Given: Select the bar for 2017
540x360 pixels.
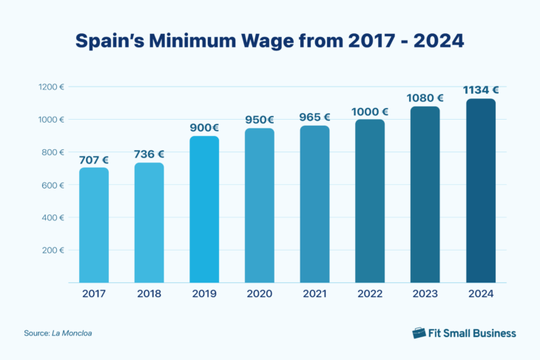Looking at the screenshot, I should tap(94, 225).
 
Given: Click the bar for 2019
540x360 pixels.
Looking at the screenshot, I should tap(204, 209).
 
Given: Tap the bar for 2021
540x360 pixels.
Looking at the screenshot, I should tap(314, 204).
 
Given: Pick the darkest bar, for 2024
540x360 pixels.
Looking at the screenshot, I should tap(481, 190).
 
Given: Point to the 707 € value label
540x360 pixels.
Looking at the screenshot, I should tap(94, 159).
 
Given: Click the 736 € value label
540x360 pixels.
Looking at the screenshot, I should tap(149, 154).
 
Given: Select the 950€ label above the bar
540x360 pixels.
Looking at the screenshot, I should tap(260, 120).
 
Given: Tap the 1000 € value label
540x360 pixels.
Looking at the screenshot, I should tap(370, 111).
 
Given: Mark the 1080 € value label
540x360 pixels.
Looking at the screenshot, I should tap(425, 98).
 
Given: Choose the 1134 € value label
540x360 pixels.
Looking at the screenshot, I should tap(481, 89).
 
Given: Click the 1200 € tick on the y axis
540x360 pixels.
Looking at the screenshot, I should tap(51, 87).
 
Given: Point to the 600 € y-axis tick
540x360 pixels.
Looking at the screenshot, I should tap(52, 185).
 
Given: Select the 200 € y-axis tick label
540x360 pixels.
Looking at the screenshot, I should tap(52, 250).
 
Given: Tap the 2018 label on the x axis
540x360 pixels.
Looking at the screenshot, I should tap(149, 293).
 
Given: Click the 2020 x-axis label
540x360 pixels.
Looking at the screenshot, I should tap(260, 293).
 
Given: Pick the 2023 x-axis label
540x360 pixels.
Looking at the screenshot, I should tap(425, 293).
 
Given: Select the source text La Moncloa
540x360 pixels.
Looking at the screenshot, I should tap(72, 333).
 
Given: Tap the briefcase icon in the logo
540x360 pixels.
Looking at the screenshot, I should tap(419, 333).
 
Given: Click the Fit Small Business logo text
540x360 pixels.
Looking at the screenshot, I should tap(473, 333).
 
